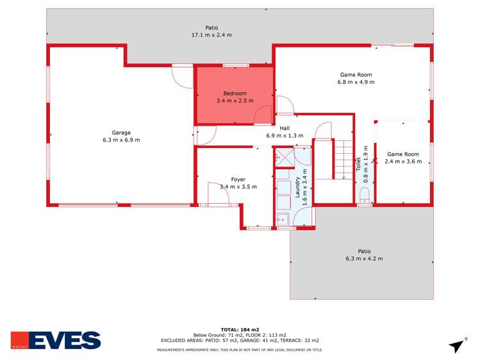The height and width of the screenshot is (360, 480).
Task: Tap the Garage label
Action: pyautogui.click(x=121, y=133)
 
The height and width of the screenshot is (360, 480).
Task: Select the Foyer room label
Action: pyautogui.click(x=238, y=179)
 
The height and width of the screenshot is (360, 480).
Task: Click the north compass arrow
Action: pyautogui.click(x=457, y=345)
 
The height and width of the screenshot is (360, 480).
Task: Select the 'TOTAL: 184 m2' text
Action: pyautogui.click(x=239, y=329)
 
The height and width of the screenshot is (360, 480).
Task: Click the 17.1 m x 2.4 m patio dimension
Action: pyautogui.click(x=211, y=35)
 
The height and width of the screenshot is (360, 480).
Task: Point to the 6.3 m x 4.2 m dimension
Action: pyautogui.click(x=364, y=259)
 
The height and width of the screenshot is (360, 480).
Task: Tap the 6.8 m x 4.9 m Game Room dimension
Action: pyautogui.click(x=356, y=82)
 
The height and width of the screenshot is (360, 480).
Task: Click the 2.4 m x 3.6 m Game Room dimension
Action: pyautogui.click(x=403, y=161)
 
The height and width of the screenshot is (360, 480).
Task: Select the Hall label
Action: pyautogui.click(x=285, y=128)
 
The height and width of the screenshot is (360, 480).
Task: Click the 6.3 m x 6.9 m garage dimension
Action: pyautogui.click(x=121, y=140)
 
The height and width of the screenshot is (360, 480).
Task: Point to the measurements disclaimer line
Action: pyautogui.click(x=240, y=350)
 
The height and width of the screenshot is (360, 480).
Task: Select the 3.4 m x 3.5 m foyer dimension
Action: pyautogui.click(x=238, y=187)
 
